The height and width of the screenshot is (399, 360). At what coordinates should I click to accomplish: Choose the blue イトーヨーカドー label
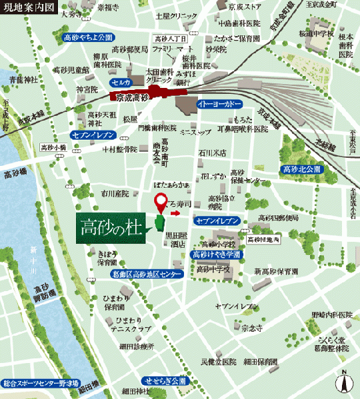coord(221,105)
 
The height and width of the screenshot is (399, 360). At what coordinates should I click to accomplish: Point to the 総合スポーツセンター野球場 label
coord(40,384)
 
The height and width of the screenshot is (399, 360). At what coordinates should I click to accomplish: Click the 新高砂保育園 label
coord(275,271)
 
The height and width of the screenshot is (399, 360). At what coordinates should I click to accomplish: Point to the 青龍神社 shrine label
coord(21,80)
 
